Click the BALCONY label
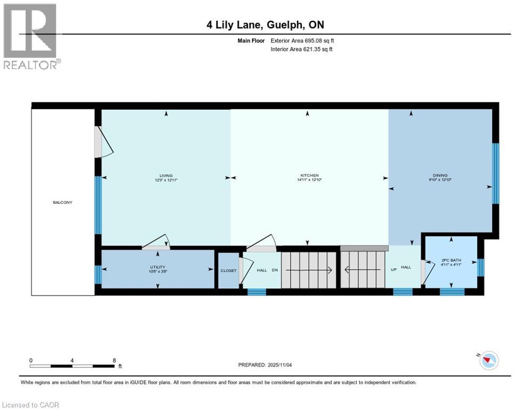62,202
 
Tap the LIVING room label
166,176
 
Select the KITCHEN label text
309,175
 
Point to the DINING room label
440,175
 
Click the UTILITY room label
157,267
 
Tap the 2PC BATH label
451,260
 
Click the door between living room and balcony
103,142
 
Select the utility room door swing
156,242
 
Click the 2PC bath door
425,272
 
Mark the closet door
244,271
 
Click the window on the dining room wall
495,174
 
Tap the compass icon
488,361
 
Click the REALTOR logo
31,36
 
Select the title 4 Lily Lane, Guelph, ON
264,24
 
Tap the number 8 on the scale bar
114,360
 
